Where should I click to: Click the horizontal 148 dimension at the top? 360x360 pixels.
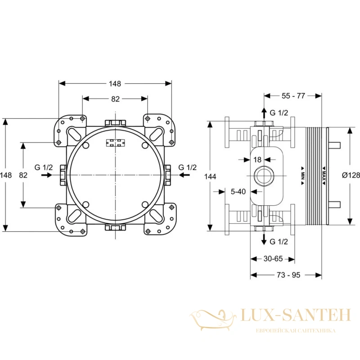[115, 84]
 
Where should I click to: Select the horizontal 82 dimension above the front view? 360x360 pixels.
[115, 99]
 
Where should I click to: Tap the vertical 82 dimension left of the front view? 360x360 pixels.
[23, 175]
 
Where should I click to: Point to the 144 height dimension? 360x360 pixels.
[210, 176]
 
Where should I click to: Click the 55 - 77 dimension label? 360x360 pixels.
[293, 96]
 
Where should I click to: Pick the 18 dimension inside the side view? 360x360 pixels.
[257, 159]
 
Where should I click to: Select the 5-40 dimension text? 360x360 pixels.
[238, 192]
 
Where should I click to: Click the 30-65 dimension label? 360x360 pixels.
[273, 259]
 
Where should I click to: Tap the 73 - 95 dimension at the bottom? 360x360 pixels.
[288, 275]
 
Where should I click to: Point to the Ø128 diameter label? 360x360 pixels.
[351, 175]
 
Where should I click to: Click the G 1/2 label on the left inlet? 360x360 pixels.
[44, 167]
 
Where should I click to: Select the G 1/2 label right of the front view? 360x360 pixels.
[188, 167]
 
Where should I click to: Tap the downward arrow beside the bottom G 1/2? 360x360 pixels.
[264, 239]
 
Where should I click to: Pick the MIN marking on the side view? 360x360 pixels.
[302, 175]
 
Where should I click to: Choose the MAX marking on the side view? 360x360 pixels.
[324, 175]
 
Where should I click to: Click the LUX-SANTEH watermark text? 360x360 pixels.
[296, 315]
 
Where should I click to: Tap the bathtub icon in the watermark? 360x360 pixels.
[213, 319]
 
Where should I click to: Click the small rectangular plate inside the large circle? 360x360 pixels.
[115, 143]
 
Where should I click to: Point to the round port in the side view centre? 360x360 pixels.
[265, 175]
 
